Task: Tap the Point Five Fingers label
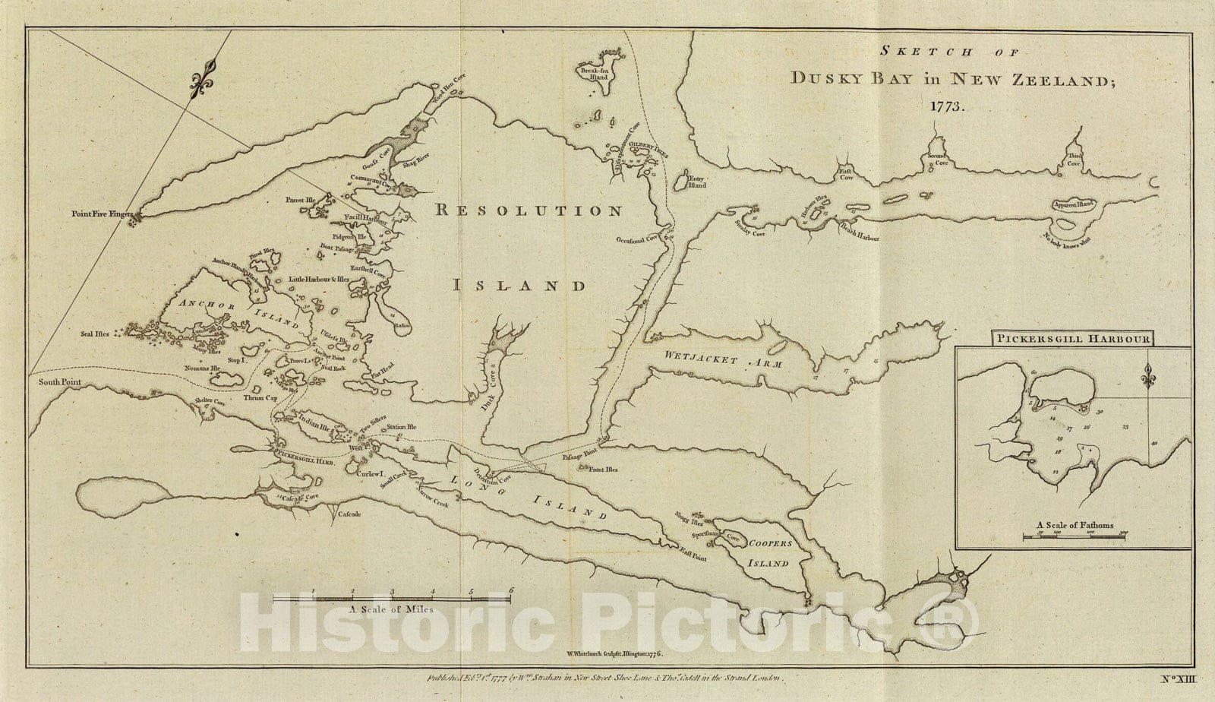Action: pos(103,215)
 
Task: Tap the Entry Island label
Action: pos(697,182)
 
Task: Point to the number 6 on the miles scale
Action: pos(512,590)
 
